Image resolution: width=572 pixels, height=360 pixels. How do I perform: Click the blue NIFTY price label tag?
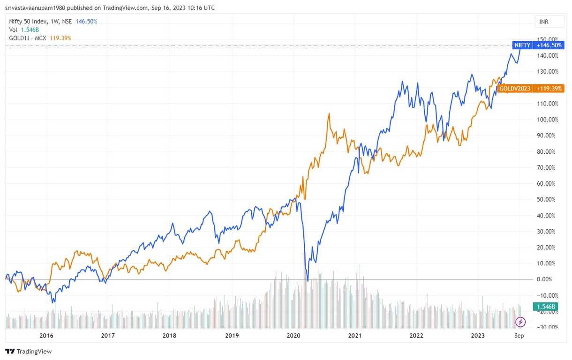click(x=523, y=45)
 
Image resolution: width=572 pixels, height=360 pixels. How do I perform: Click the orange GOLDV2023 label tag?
click(x=515, y=88)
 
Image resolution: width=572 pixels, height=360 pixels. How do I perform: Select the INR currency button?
click(x=544, y=22)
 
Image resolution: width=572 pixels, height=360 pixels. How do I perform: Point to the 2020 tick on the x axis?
click(x=293, y=336)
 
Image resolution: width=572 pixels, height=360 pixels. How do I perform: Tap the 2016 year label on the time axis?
click(x=46, y=336)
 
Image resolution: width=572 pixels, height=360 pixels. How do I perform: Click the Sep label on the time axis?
click(x=519, y=336)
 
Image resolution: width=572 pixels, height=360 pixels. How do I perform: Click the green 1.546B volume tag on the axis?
click(x=546, y=307)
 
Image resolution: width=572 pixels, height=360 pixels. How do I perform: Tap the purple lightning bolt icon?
click(x=521, y=322)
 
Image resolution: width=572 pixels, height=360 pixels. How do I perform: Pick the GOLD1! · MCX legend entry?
click(x=28, y=38)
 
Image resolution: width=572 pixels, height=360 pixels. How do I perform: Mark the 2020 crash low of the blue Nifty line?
click(x=308, y=281)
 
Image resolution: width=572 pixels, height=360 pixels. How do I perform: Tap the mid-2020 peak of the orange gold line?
click(x=329, y=113)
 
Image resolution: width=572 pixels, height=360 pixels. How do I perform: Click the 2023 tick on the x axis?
click(x=478, y=336)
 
